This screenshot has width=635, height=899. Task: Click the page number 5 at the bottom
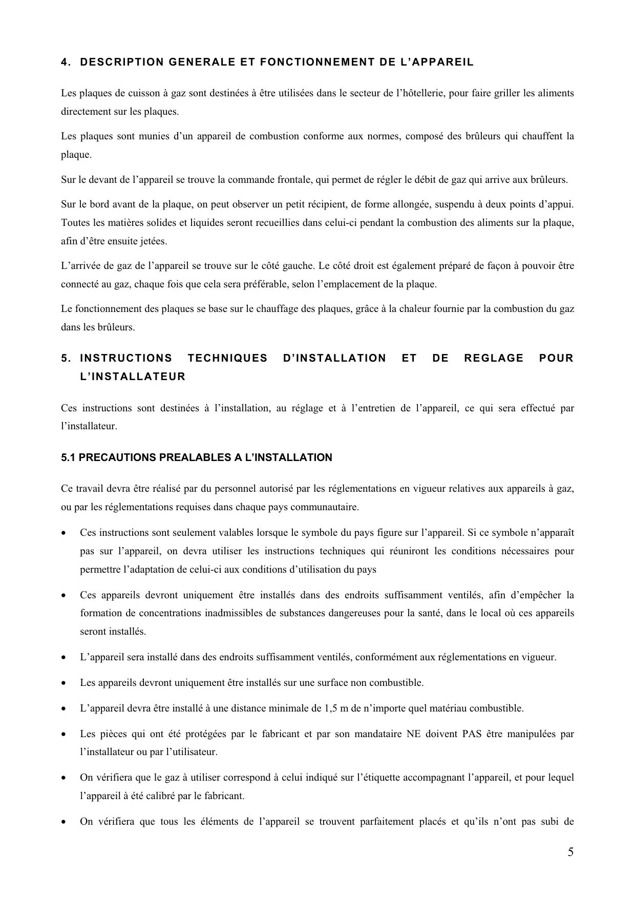point(570,852)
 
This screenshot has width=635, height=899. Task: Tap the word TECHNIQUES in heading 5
point(227,358)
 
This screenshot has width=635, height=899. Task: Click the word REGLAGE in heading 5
point(494,358)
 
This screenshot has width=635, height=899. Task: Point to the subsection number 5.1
point(69,457)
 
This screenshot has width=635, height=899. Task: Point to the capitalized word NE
point(413,734)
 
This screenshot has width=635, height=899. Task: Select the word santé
point(427,613)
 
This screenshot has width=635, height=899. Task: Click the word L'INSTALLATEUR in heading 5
point(133,377)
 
